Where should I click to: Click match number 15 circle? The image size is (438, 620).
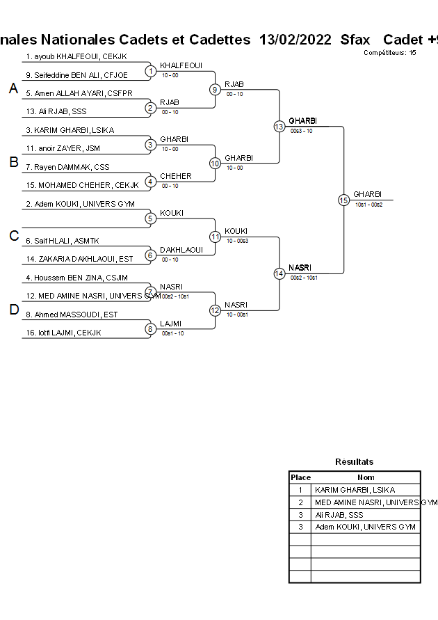tap(343, 200)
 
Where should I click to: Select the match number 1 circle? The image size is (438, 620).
tap(150, 70)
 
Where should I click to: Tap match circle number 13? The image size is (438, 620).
tap(279, 127)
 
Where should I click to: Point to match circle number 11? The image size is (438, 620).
tap(215, 237)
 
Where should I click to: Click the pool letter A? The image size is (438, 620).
tap(13, 89)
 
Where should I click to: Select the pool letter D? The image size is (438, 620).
tap(13, 310)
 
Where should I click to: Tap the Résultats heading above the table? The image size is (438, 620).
tap(354, 461)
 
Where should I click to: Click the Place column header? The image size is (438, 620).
tap(300, 477)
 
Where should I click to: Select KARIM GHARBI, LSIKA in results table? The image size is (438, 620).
tap(355, 490)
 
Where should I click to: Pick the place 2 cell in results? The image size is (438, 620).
tap(300, 502)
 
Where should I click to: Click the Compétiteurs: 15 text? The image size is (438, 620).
tap(390, 52)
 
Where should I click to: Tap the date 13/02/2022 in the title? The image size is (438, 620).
tap(295, 40)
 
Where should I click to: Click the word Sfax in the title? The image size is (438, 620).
tap(355, 40)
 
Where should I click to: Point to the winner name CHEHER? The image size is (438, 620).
tap(175, 176)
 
